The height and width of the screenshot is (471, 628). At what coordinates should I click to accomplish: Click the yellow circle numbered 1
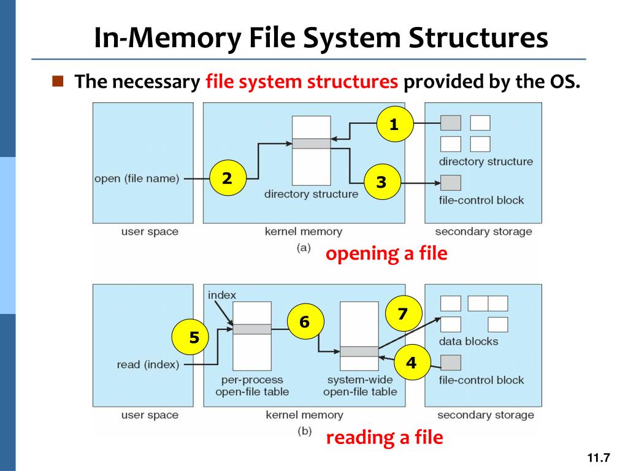click(x=394, y=125)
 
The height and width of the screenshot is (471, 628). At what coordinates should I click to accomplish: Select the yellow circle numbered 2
click(x=227, y=178)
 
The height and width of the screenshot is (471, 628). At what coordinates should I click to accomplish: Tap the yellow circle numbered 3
click(x=381, y=182)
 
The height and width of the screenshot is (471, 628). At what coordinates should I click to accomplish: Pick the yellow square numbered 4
click(x=411, y=362)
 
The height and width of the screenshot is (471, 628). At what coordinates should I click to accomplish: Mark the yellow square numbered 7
click(x=402, y=314)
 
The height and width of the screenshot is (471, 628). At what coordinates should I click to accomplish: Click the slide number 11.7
click(x=599, y=458)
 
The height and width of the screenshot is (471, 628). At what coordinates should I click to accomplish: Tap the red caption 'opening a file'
click(x=386, y=253)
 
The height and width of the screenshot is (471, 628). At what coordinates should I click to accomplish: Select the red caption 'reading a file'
click(x=384, y=437)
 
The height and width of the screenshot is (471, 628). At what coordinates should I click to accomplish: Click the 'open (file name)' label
click(x=137, y=179)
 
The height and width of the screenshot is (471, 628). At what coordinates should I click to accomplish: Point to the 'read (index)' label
click(x=148, y=365)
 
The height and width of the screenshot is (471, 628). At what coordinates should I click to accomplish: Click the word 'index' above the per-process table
click(x=221, y=295)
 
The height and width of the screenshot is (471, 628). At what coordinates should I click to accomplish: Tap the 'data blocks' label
click(x=469, y=342)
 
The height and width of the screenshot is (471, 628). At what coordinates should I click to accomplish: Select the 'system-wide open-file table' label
click(x=360, y=386)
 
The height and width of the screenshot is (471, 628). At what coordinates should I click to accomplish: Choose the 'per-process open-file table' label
click(x=252, y=386)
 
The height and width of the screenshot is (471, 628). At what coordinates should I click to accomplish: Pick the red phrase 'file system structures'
click(x=302, y=82)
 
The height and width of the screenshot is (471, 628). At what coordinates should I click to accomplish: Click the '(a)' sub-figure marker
click(x=304, y=248)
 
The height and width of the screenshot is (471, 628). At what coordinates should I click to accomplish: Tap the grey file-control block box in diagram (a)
click(x=451, y=183)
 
